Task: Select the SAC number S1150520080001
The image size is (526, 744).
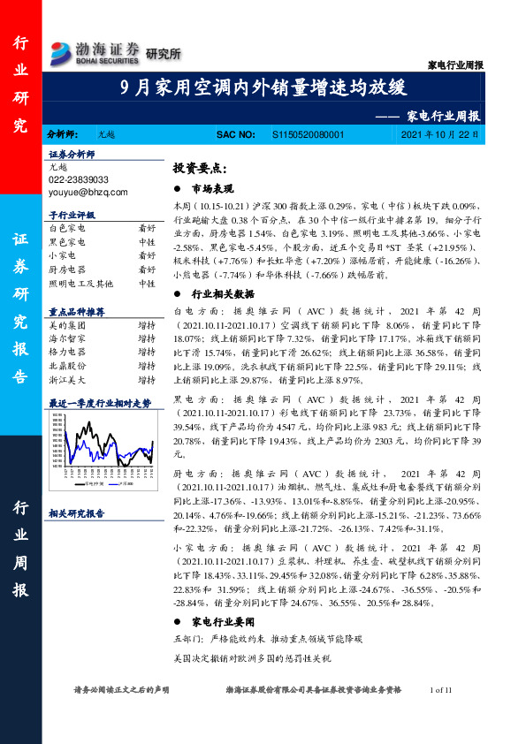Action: coord(308,135)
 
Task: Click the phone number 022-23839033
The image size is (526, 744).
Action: coord(79,179)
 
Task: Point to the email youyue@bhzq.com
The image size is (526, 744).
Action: coord(88,192)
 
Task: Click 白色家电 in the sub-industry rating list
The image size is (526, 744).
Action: coord(67,227)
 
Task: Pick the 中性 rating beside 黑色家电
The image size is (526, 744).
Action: coord(147,241)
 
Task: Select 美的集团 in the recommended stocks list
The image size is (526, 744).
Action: coord(67,325)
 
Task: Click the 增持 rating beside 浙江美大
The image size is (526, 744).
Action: coord(147,379)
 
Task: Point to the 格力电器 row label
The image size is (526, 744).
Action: coord(67,352)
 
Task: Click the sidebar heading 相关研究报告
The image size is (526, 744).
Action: coord(76,512)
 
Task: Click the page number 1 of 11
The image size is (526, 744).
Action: coord(439,689)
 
